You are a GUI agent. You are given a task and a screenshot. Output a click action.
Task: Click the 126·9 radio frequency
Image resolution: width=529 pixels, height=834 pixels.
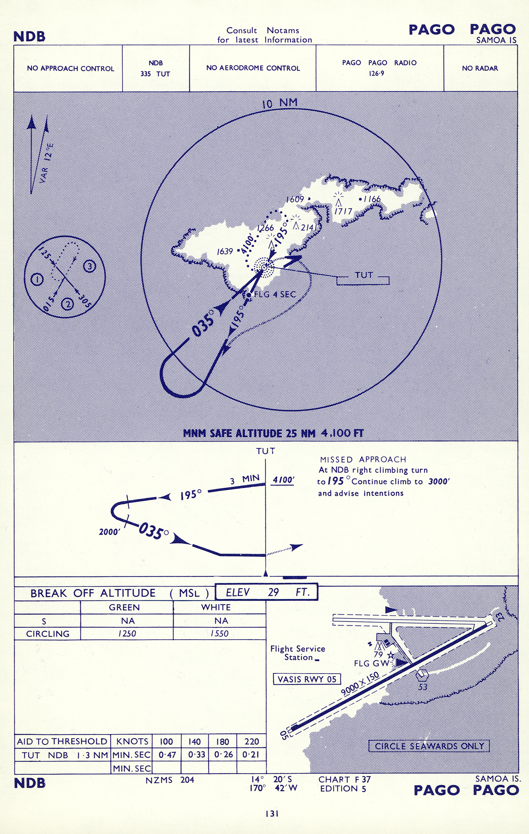click(x=376, y=73)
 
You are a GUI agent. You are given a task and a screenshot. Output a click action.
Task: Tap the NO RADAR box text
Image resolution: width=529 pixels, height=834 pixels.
click(x=480, y=68)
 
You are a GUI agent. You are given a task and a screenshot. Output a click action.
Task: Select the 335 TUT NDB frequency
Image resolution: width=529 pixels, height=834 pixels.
click(x=155, y=74)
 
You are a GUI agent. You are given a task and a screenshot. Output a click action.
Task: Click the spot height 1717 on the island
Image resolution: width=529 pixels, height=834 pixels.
click(x=343, y=211)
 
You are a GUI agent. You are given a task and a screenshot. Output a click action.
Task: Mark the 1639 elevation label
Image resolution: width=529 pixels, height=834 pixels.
click(x=225, y=251)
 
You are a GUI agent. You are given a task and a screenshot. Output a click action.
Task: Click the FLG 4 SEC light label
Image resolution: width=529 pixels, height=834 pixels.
click(x=275, y=294)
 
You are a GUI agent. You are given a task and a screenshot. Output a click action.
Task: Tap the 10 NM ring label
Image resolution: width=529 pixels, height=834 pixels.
click(x=280, y=103)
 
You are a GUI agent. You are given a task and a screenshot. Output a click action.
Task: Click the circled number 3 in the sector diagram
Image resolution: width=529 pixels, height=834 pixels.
click(x=89, y=266)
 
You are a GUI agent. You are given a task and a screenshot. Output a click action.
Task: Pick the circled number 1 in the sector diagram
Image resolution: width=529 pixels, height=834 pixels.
click(x=37, y=279)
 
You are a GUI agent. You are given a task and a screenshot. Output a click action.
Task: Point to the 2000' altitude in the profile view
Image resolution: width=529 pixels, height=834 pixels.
click(x=109, y=532)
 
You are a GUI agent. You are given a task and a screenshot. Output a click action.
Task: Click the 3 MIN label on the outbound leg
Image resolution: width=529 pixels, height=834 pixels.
click(x=245, y=480)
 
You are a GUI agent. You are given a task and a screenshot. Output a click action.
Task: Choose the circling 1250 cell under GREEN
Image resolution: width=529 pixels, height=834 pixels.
click(x=127, y=633)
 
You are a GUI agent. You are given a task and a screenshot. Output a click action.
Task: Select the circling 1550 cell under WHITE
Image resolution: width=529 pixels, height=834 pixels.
click(x=219, y=633)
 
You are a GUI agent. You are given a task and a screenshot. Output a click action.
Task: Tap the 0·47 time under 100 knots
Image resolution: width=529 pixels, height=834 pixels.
click(x=167, y=755)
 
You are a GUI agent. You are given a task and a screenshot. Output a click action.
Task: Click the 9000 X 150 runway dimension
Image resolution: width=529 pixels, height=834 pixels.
click(x=360, y=683)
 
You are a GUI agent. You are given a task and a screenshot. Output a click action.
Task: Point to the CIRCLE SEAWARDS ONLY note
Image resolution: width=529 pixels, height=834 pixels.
click(x=429, y=746)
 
